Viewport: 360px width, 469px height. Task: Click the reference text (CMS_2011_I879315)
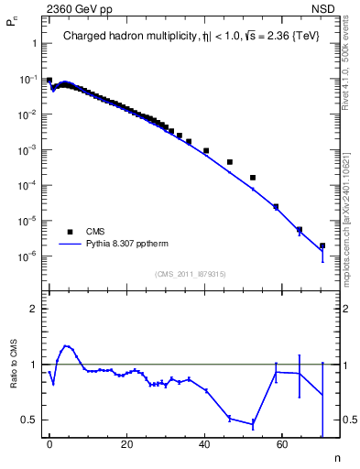point(190,274)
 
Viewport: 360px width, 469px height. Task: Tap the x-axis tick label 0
point(49,442)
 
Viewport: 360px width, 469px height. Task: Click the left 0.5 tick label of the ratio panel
point(28,420)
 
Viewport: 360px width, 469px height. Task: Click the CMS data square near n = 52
point(253,177)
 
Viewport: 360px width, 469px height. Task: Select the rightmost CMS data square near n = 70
point(322,245)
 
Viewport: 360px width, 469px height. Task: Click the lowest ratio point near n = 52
point(253,423)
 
